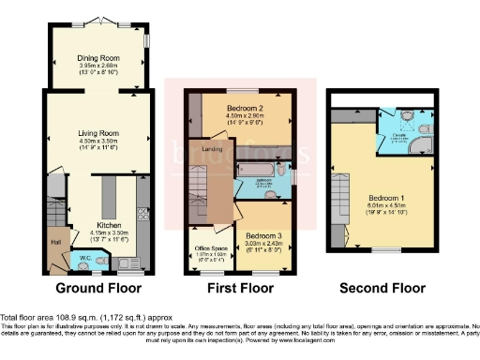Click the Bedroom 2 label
coord(244,108)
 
